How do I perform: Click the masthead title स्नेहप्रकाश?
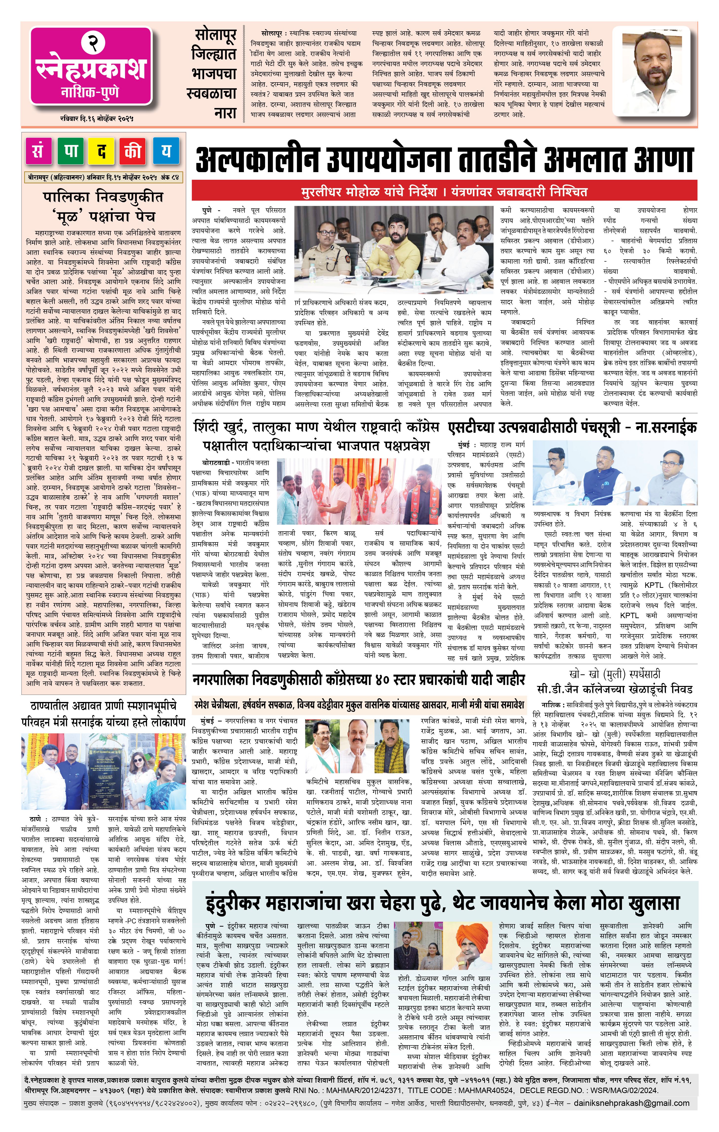91,69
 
